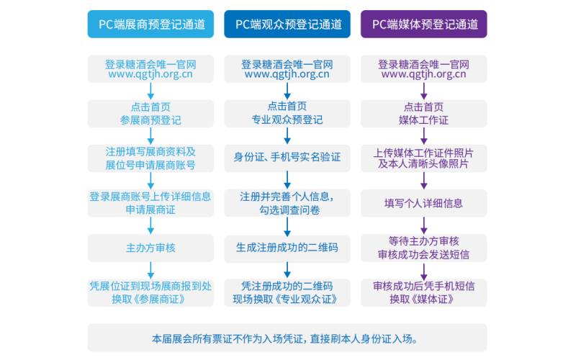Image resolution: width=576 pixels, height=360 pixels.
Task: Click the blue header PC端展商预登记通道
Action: click(150, 24)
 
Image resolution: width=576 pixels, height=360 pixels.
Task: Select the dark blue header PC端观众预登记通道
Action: click(287, 24)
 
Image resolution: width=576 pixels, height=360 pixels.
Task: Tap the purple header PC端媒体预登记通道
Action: click(423, 24)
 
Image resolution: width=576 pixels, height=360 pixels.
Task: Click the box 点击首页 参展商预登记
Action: click(150, 113)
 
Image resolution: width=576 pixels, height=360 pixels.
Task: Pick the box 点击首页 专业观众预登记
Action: click(287, 113)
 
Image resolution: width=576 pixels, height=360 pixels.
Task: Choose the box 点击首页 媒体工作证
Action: click(423, 113)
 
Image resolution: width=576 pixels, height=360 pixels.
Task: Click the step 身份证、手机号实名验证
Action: click(287, 158)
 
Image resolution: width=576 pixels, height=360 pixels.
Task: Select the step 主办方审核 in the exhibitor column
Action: click(150, 248)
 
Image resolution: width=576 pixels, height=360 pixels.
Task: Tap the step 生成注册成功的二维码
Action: click(287, 248)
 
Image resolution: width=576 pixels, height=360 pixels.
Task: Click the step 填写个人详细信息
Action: click(423, 203)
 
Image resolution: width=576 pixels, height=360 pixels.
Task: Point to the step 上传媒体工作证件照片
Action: click(423, 158)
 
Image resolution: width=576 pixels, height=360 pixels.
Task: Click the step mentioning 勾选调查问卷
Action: click(287, 203)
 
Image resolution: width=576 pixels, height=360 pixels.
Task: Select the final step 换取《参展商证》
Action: click(150, 292)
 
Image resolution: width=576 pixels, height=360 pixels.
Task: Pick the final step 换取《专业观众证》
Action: click(287, 292)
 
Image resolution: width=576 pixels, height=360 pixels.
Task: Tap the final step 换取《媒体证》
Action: click(423, 292)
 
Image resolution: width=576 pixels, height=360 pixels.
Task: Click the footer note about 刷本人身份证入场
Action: click(287, 338)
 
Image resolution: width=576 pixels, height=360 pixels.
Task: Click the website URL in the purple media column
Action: click(423, 74)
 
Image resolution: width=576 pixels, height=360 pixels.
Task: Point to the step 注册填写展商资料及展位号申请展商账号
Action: click(150, 158)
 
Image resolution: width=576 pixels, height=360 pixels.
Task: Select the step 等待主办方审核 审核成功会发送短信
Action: click(423, 248)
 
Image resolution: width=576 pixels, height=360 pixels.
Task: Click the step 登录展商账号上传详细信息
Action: click(150, 203)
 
